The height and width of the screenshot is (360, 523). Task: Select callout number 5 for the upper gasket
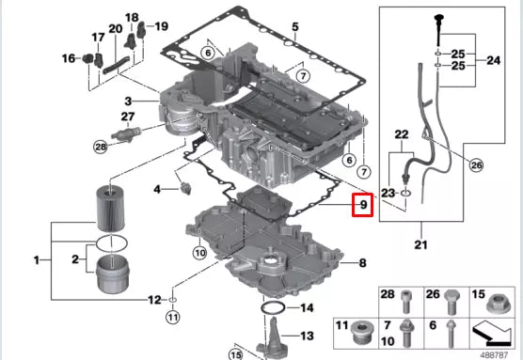[x=293, y=27]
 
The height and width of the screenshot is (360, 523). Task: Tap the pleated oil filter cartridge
[x=111, y=209]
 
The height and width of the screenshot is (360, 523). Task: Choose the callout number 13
[x=306, y=336]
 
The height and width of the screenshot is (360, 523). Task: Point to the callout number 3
[x=129, y=101]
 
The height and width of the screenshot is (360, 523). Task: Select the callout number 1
[x=36, y=258]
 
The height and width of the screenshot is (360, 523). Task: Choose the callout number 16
[x=68, y=59]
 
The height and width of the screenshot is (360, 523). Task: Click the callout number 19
[x=161, y=26]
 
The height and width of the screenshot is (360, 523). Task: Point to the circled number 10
[x=198, y=252]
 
